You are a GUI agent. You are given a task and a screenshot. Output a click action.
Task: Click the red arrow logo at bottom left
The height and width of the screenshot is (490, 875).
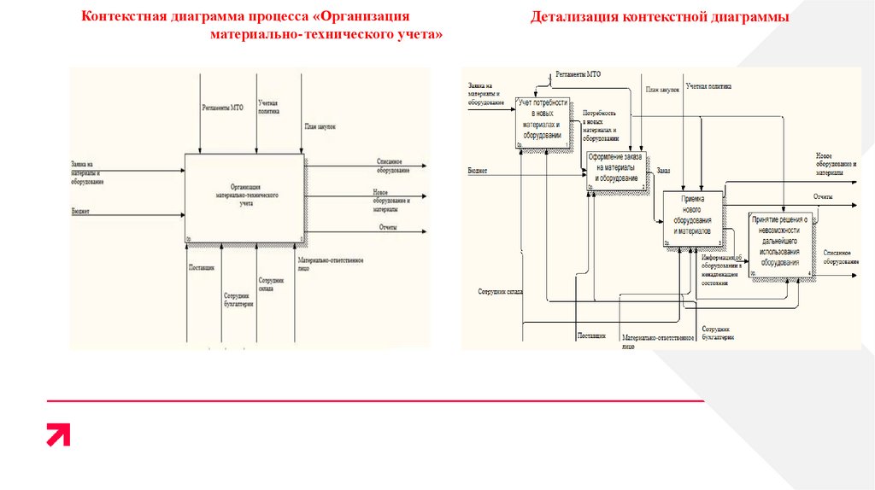click(x=58, y=435)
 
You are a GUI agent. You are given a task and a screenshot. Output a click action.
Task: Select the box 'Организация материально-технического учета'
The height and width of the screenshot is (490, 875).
click(x=245, y=195)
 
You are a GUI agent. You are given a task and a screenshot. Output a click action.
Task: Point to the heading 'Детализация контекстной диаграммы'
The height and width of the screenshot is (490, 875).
click(x=659, y=17)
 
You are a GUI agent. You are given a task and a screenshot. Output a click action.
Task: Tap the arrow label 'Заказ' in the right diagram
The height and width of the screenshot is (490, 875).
click(x=663, y=171)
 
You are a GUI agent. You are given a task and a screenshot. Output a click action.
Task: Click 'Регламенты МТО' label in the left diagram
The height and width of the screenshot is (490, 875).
click(x=222, y=108)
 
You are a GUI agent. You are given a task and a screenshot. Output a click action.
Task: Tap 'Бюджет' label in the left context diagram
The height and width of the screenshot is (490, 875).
click(x=81, y=210)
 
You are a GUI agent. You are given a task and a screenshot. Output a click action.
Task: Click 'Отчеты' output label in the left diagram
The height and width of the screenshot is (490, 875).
click(x=388, y=227)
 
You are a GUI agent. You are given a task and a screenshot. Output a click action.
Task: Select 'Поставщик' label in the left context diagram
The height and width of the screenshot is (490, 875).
click(x=202, y=267)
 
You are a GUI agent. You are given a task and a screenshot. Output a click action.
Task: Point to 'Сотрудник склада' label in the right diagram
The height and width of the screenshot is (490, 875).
click(x=501, y=292)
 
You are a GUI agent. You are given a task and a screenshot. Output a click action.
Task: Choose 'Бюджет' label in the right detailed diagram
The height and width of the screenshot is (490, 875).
click(x=477, y=171)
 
